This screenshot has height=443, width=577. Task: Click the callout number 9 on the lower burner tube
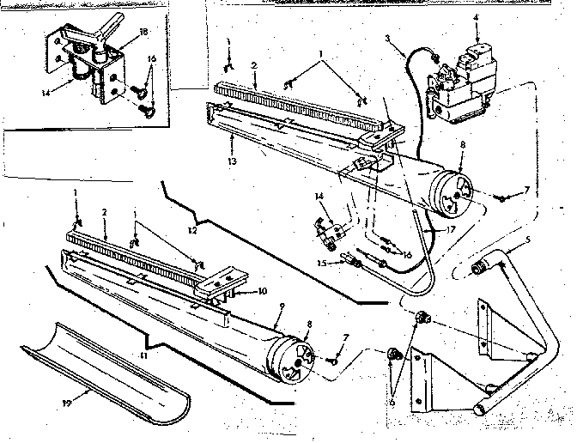coord(273,314)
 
